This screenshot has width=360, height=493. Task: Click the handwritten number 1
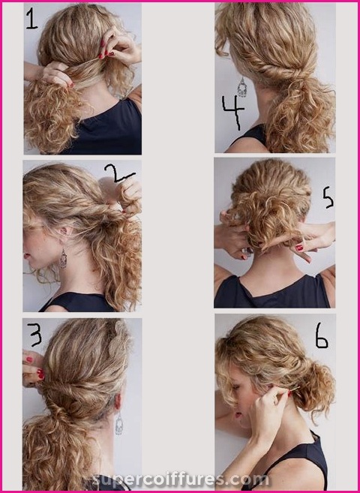coord(32,19)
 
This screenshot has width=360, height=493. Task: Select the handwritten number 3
coord(35,335)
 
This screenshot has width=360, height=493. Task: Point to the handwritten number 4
coord(233,112)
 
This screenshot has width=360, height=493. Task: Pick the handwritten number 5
coord(328,197)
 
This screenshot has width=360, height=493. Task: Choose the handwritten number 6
coord(321,335)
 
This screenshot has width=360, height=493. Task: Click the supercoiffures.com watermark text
coord(181,480)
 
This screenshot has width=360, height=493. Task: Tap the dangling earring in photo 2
coord(64,258)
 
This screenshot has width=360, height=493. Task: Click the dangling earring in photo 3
coord(119,423)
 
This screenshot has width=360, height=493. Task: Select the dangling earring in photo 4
coord(242,87)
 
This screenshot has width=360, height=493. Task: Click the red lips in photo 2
coord(25,256)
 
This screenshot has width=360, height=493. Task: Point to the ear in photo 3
coord(118,401)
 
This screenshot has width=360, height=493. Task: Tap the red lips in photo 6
coord(238,415)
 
